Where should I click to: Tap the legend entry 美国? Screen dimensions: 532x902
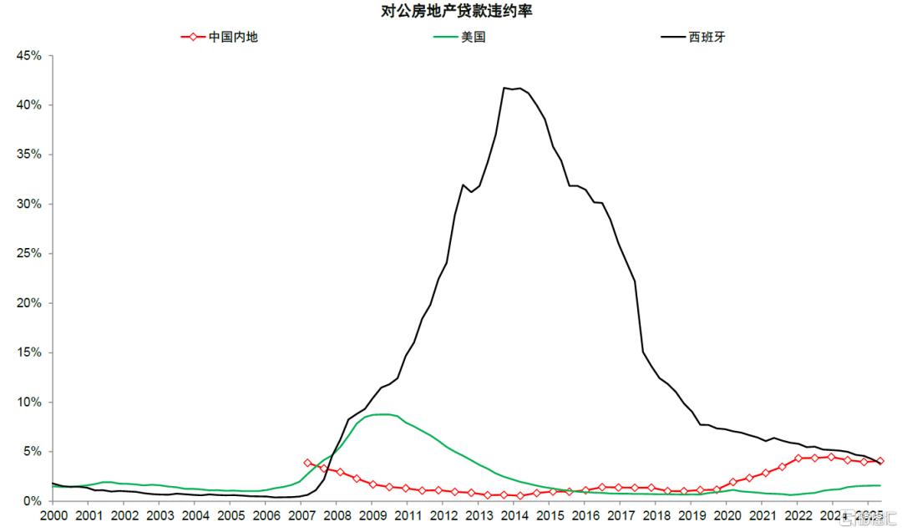(472, 37)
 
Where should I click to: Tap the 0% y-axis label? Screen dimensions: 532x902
(33, 501)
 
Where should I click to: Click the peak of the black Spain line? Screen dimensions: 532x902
(504, 88)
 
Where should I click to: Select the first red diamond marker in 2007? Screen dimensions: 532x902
(307, 462)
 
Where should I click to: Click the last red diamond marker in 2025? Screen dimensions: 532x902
(880, 461)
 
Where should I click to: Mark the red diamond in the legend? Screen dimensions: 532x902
(193, 37)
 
